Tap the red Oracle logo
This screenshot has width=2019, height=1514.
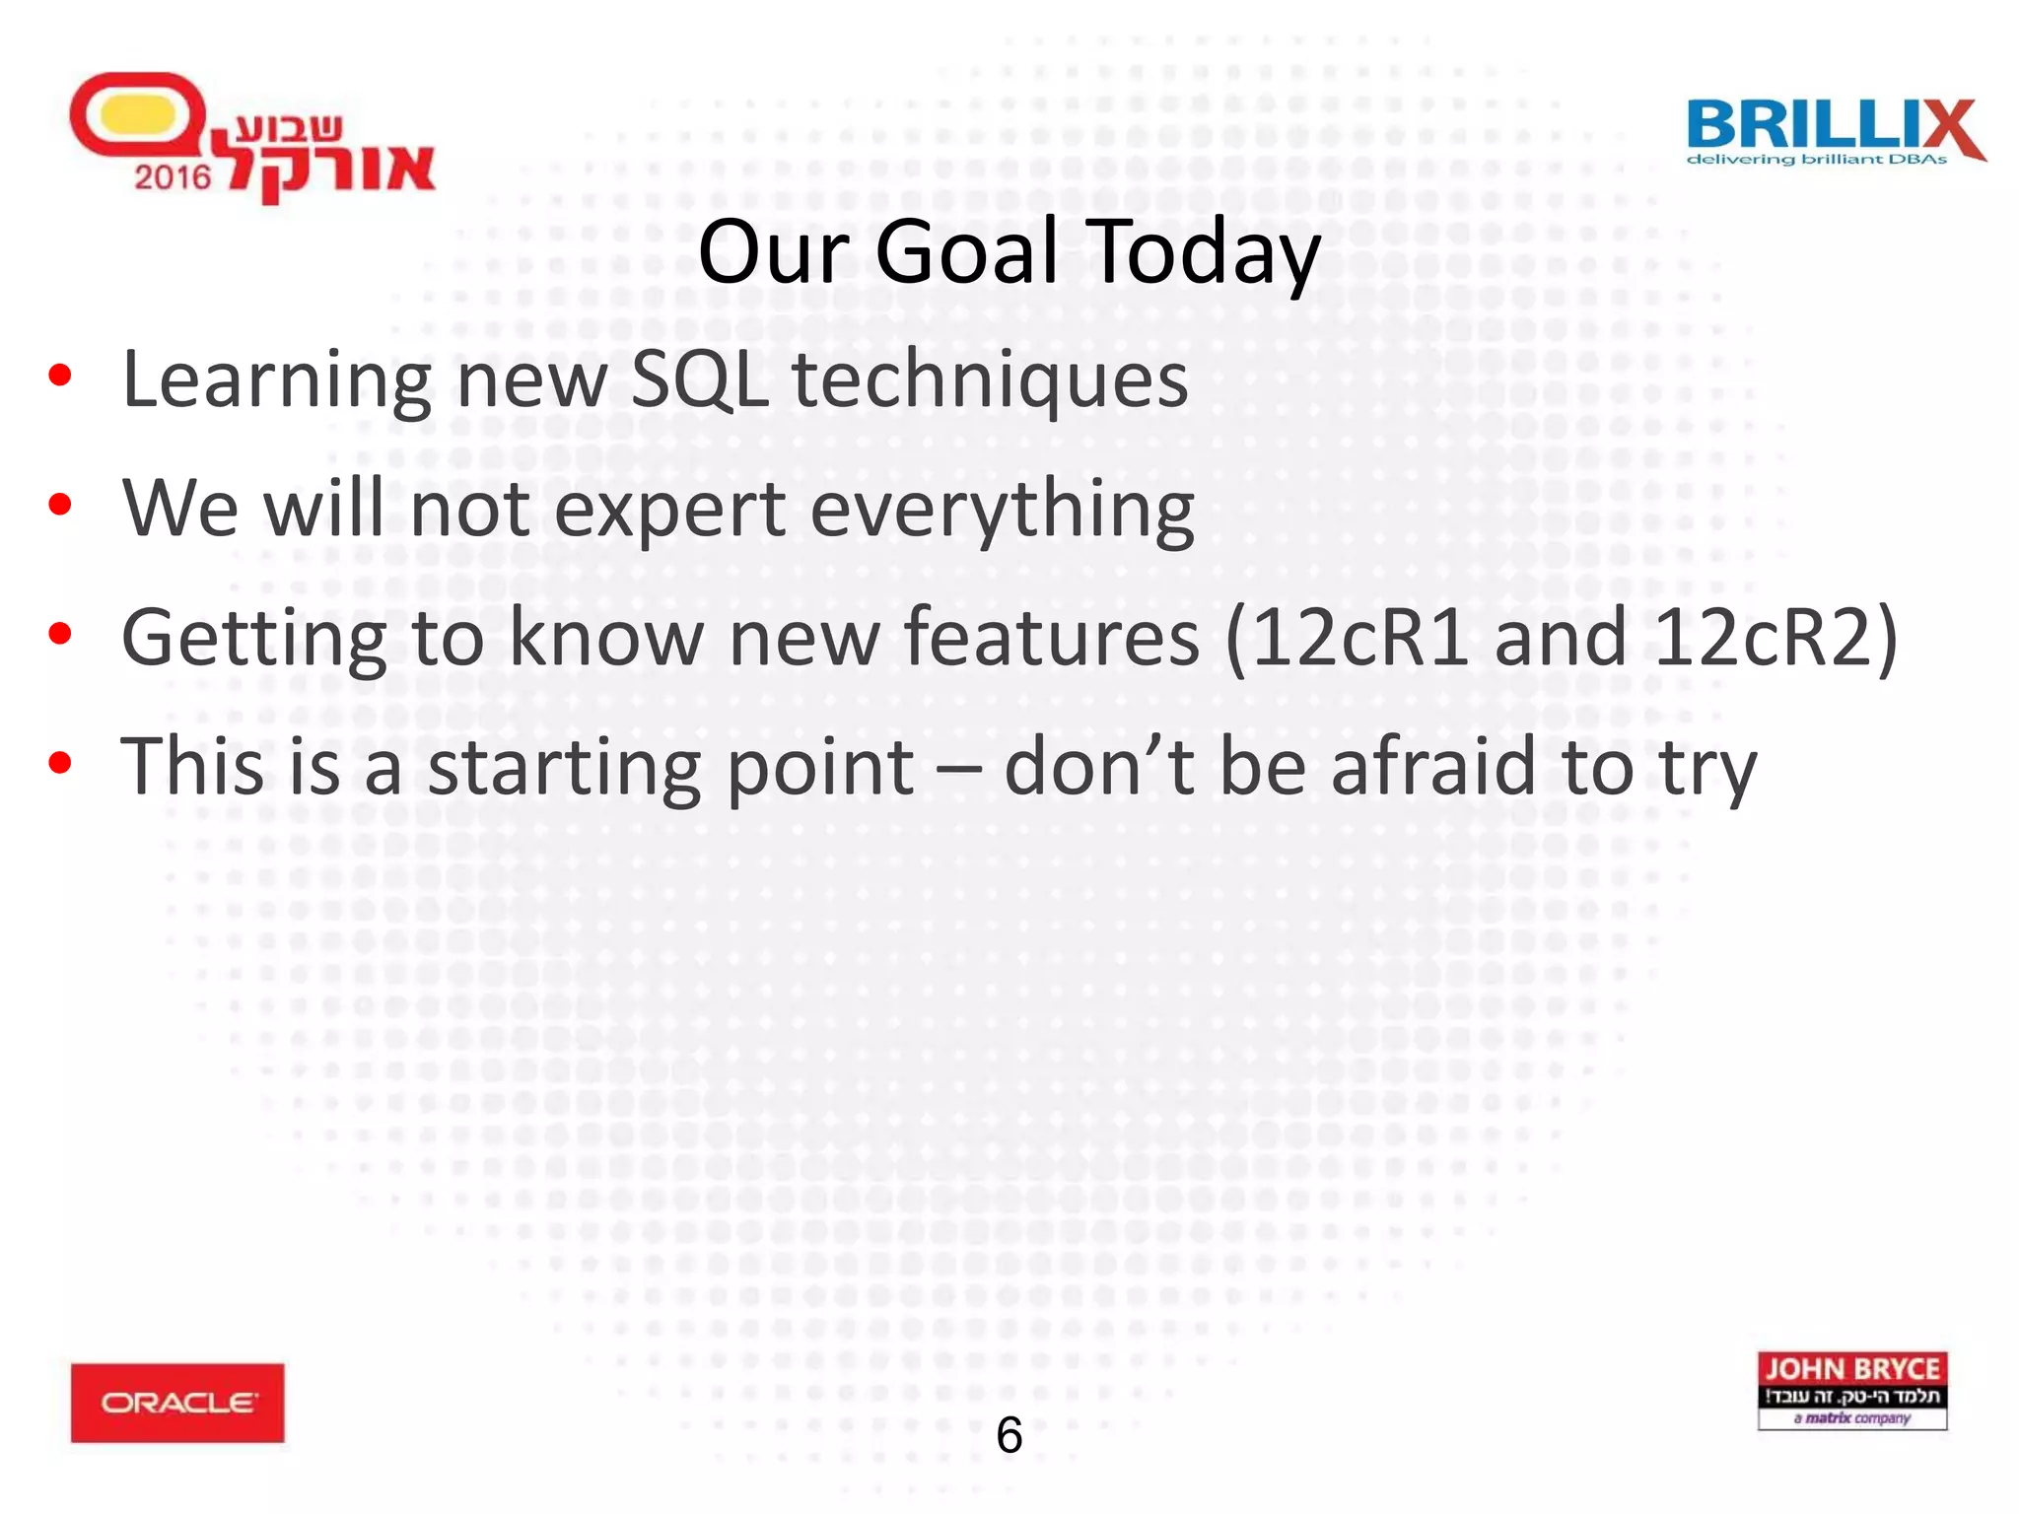(177, 1403)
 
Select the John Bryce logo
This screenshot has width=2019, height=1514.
(1851, 1390)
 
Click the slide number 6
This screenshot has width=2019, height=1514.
(1009, 1435)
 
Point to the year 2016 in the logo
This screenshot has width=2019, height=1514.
(173, 177)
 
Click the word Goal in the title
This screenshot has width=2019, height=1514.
(966, 252)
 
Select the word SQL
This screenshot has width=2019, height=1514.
(699, 379)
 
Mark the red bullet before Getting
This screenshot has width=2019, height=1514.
(60, 634)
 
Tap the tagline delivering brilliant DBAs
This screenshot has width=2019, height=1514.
(1816, 159)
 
